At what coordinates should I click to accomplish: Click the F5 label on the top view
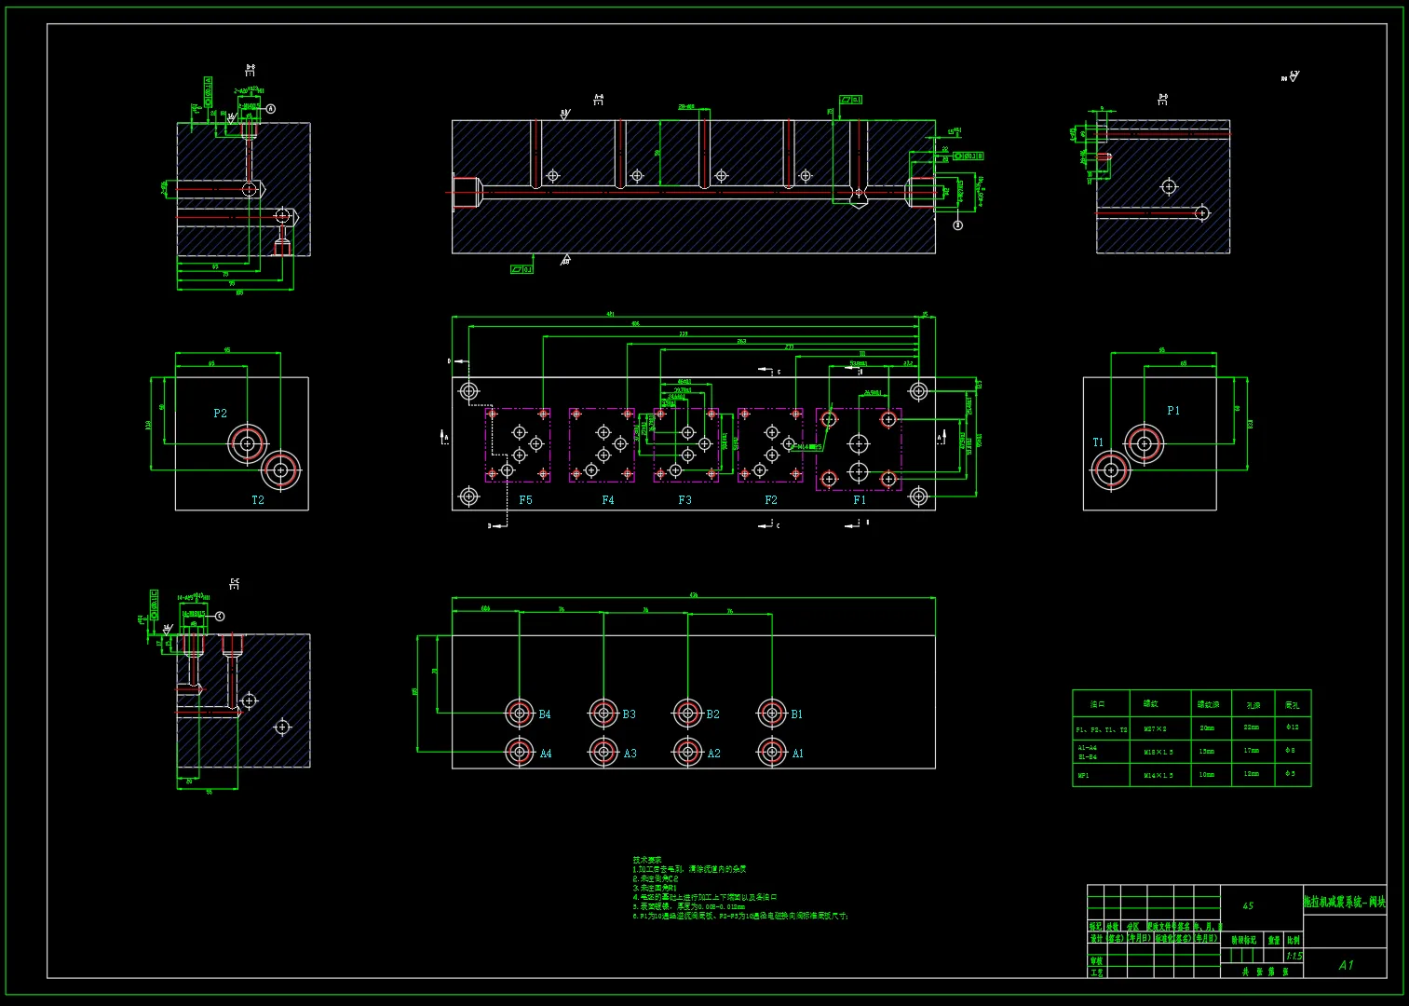pos(525,500)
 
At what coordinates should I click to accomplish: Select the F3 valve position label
pos(684,500)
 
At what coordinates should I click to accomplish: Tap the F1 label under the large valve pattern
pos(860,500)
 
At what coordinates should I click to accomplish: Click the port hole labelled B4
pos(520,714)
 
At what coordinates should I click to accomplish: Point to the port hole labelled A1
pos(772,752)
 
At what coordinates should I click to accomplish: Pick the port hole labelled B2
pos(688,714)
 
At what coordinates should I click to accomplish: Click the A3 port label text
pos(630,754)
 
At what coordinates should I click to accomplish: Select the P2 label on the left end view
pos(220,414)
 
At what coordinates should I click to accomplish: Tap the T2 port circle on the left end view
pos(280,470)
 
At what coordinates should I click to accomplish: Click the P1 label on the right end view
pos(1173,411)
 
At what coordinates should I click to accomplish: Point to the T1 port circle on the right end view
pos(1111,470)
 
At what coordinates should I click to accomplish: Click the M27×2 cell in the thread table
pos(1155,729)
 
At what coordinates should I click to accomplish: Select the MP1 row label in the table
pos(1084,775)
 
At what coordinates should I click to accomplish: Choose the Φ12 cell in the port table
pos(1292,727)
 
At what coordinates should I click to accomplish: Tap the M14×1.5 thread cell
pos(1158,775)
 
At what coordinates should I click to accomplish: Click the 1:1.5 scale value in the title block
pos(1294,956)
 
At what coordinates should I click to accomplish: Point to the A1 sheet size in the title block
pos(1346,965)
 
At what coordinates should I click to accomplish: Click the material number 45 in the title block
pos(1248,905)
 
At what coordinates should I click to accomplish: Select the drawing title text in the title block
pos(1344,902)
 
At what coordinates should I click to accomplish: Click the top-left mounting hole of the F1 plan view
pos(829,419)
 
